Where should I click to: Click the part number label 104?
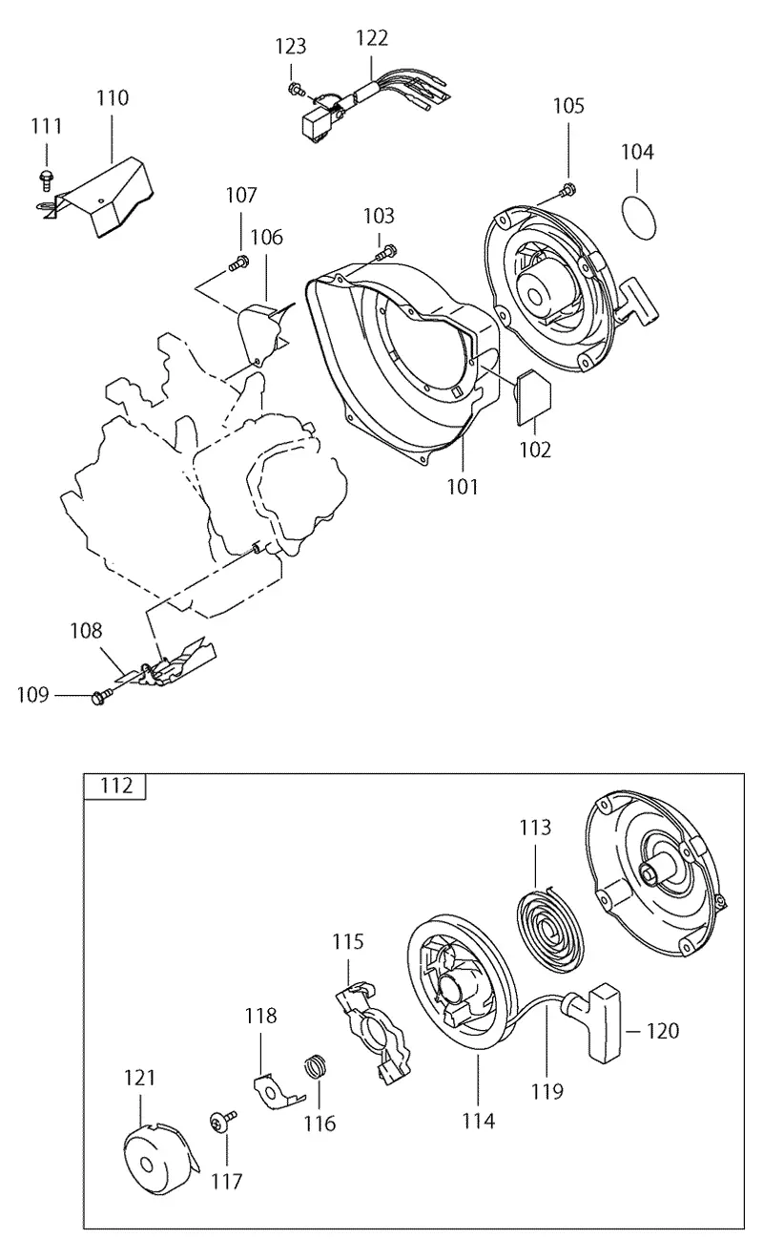point(637,152)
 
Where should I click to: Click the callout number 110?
point(113,98)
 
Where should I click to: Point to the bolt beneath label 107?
point(239,262)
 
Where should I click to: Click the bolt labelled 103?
point(385,252)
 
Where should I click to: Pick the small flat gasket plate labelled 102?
point(533,398)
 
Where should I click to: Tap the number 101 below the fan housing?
point(462,487)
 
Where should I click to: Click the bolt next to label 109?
point(100,698)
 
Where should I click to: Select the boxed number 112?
point(116,785)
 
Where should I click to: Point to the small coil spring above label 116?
point(317,1066)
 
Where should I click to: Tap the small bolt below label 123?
point(296,89)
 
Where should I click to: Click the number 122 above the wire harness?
point(372,38)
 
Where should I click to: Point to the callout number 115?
point(348,941)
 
